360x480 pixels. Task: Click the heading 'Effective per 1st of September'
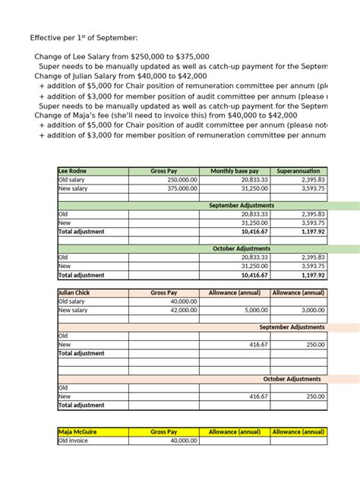(84, 37)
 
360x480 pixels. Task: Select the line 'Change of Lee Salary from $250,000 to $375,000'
(122, 57)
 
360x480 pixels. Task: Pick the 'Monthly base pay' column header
(234, 172)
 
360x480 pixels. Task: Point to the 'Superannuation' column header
(298, 172)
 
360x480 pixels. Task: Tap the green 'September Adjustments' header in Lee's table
(242, 206)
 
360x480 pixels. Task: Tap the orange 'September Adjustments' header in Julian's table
(292, 327)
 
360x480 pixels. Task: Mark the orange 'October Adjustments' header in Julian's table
(292, 379)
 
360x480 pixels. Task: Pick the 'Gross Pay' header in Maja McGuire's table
(163, 431)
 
